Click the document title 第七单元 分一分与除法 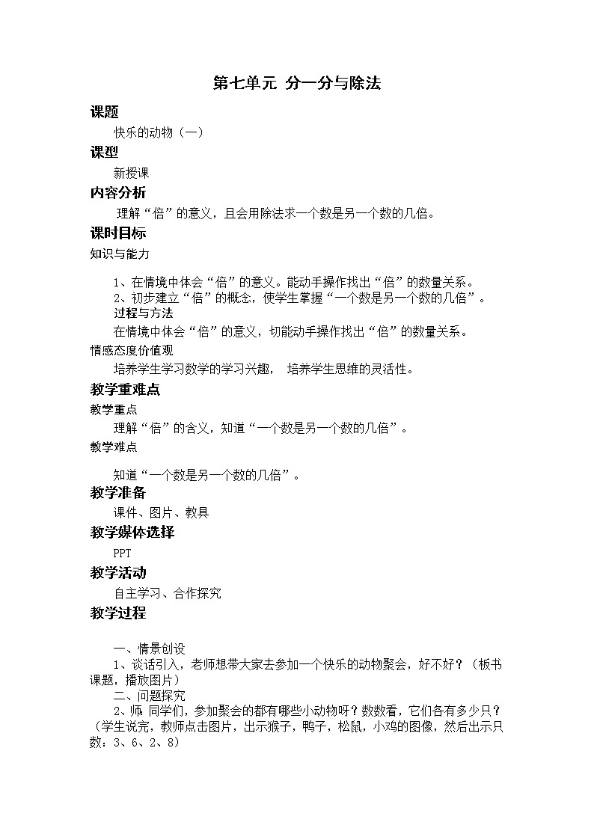pyautogui.click(x=297, y=84)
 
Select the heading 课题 pyautogui.click(x=104, y=112)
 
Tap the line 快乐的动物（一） pyautogui.click(x=159, y=132)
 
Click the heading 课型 pyautogui.click(x=104, y=152)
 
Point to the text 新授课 pyautogui.click(x=132, y=173)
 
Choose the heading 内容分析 pyautogui.click(x=118, y=192)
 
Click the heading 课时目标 pyautogui.click(x=118, y=233)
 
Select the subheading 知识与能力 pyautogui.click(x=120, y=254)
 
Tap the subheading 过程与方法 pyautogui.click(x=144, y=313)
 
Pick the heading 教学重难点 pyautogui.click(x=125, y=389)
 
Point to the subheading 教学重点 pyautogui.click(x=114, y=409)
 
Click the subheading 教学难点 pyautogui.click(x=114, y=447)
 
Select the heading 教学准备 pyautogui.click(x=118, y=492)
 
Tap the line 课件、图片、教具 pyautogui.click(x=161, y=512)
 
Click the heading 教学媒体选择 pyautogui.click(x=132, y=533)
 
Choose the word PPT pyautogui.click(x=122, y=554)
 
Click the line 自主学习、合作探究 pyautogui.click(x=168, y=593)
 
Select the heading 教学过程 pyautogui.click(x=118, y=613)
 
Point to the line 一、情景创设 pyautogui.click(x=149, y=648)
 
